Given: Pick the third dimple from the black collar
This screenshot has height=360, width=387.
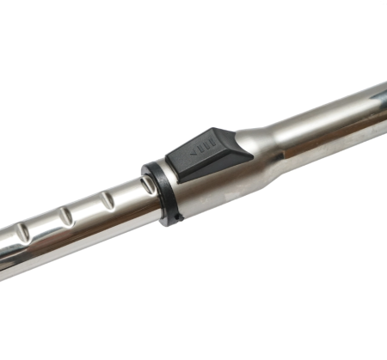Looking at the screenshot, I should click(x=64, y=216).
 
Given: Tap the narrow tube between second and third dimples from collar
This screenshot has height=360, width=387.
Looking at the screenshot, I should click(x=86, y=211).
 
